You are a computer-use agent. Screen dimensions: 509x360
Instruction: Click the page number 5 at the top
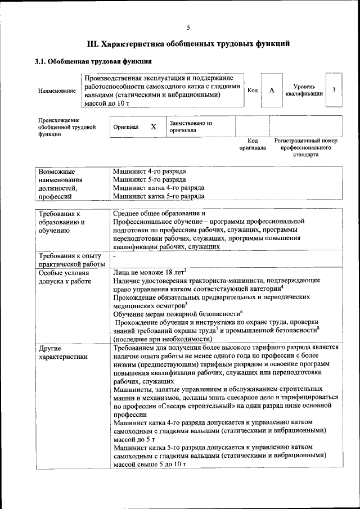pos(188,28)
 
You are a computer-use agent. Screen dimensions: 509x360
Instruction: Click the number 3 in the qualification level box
pos(334,90)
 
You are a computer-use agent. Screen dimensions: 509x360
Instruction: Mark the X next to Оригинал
pos(153,127)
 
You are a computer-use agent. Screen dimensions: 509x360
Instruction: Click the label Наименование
pos(56,91)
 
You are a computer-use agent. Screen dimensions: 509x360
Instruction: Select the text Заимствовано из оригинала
pos(191,127)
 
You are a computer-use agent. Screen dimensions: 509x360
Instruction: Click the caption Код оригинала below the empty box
pos(253,144)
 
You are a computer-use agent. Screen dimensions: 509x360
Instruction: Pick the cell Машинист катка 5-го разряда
pos(158,196)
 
